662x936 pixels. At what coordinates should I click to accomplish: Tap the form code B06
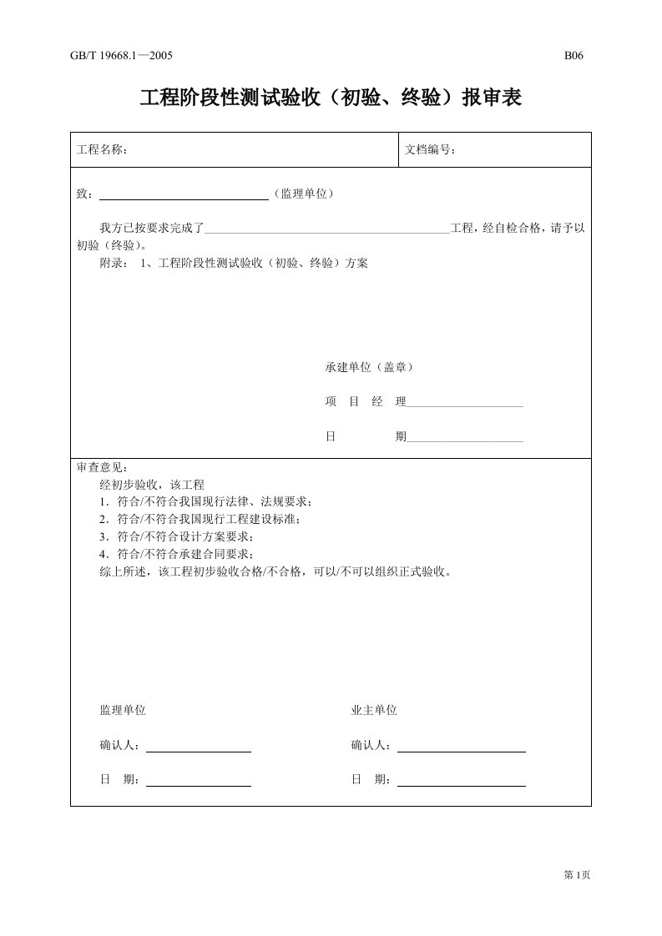[x=574, y=57]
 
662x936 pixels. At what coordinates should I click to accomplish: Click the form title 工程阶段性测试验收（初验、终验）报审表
[x=331, y=98]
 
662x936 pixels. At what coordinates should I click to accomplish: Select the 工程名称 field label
[x=102, y=150]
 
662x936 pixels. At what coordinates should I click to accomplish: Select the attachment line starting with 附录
[x=234, y=263]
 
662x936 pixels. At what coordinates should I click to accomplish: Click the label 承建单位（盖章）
[x=368, y=367]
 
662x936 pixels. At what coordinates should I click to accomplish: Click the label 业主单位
[x=374, y=711]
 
